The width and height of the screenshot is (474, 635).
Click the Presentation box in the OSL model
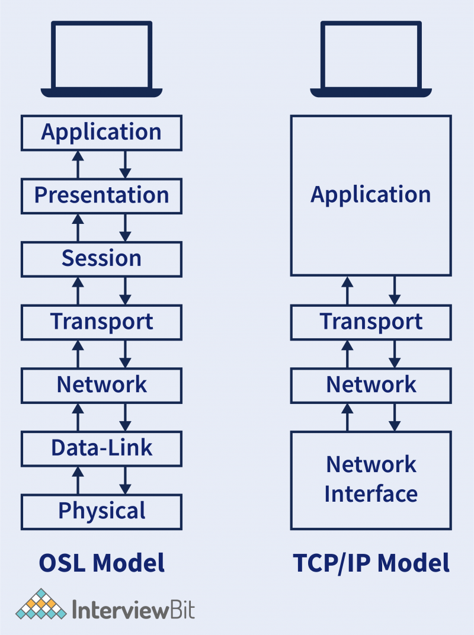click(101, 195)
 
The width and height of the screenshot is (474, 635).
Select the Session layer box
click(101, 259)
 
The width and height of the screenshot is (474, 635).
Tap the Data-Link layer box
click(101, 448)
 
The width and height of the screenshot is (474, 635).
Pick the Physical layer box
click(101, 511)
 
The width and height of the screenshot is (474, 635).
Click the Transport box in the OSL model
click(101, 322)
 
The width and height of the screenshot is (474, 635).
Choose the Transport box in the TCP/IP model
click(371, 322)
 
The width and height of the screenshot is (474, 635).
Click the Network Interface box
click(371, 480)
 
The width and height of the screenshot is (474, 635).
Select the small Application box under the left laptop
click(101, 132)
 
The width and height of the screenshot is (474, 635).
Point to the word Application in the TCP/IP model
click(371, 195)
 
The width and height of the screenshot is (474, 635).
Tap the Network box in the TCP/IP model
click(371, 385)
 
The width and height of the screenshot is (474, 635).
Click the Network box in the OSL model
click(101, 385)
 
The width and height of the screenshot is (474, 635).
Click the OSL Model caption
click(101, 563)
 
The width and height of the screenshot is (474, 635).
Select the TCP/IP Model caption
click(371, 563)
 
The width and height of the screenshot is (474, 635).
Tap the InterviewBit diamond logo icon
click(41, 604)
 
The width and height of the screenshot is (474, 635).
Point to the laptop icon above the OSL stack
click(101, 59)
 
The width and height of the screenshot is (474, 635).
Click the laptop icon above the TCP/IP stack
click(371, 59)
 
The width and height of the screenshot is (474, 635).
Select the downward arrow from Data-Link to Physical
click(125, 480)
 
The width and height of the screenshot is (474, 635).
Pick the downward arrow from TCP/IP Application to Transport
click(395, 291)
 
